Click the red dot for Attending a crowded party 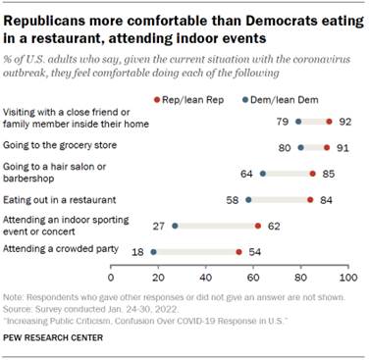pyautogui.click(x=238, y=251)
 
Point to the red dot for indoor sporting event pyautogui.click(x=257, y=226)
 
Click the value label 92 pyautogui.click(x=344, y=123)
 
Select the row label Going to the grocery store pyautogui.click(x=55, y=146)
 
